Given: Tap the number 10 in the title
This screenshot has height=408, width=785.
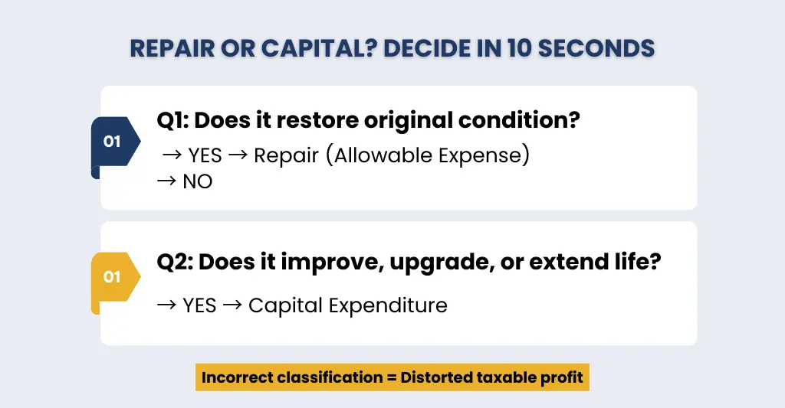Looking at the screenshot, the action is tap(520, 48).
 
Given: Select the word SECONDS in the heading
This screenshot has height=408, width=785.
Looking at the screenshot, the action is tap(596, 48).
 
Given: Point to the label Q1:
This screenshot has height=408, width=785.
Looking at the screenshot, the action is tap(172, 120).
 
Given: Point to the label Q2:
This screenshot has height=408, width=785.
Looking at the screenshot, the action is tap(175, 262).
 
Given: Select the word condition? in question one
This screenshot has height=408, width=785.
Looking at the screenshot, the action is tap(519, 120).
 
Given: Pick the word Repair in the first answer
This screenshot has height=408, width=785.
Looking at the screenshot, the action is tap(286, 155).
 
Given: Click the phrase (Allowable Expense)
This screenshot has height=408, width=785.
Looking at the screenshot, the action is tap(428, 155).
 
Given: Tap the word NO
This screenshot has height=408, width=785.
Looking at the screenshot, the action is tap(198, 181).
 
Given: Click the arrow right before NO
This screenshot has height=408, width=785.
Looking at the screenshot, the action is tap(166, 181).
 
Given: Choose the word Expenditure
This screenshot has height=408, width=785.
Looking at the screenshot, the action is tap(388, 305).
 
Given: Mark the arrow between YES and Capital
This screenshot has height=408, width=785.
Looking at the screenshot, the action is tap(232, 305).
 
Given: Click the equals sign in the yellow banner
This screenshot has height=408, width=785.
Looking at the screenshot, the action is tap(392, 377).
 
